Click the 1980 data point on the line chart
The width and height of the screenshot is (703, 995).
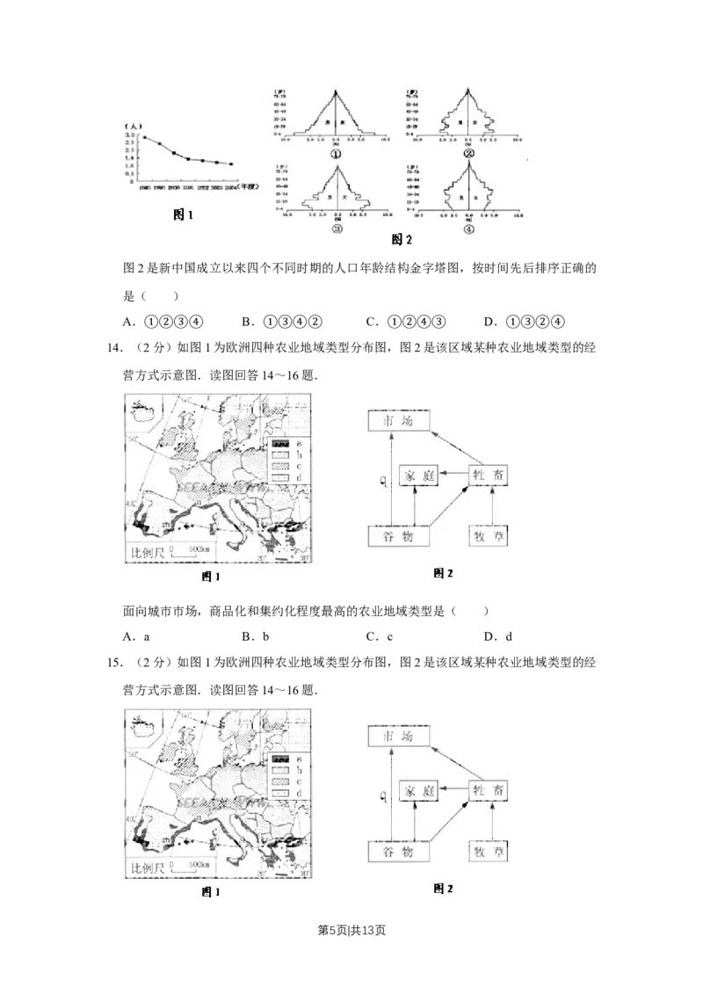[x=144, y=137]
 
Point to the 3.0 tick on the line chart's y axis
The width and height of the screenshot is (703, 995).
[x=130, y=135]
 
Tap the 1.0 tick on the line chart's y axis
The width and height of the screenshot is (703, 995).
[x=130, y=167]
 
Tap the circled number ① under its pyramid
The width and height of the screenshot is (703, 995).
[x=337, y=149]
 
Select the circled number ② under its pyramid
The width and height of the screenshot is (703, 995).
[x=469, y=150]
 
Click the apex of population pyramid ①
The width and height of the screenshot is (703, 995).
[x=337, y=92]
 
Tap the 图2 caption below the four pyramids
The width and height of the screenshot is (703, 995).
[x=402, y=238]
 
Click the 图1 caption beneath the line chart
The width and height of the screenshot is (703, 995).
[x=182, y=214]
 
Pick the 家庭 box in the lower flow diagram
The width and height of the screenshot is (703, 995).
[x=417, y=790]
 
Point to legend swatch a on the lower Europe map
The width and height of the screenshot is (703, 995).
[x=281, y=759]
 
